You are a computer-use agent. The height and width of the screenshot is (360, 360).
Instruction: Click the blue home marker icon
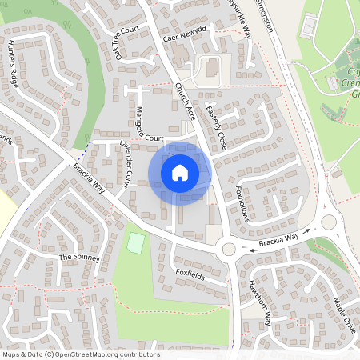(x=180, y=173)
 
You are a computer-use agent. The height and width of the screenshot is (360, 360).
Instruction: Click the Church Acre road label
(x=186, y=102)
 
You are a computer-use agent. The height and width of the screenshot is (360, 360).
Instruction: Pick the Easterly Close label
(x=216, y=128)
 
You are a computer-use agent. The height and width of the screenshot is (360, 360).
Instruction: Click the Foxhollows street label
(x=243, y=205)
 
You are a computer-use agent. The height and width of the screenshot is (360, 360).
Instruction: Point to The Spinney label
(x=79, y=258)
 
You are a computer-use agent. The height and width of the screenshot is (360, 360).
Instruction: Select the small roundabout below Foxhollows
(x=230, y=249)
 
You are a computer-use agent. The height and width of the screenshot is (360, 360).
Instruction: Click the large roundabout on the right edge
(x=327, y=221)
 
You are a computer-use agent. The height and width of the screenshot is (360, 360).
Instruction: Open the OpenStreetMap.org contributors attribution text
(x=104, y=354)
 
